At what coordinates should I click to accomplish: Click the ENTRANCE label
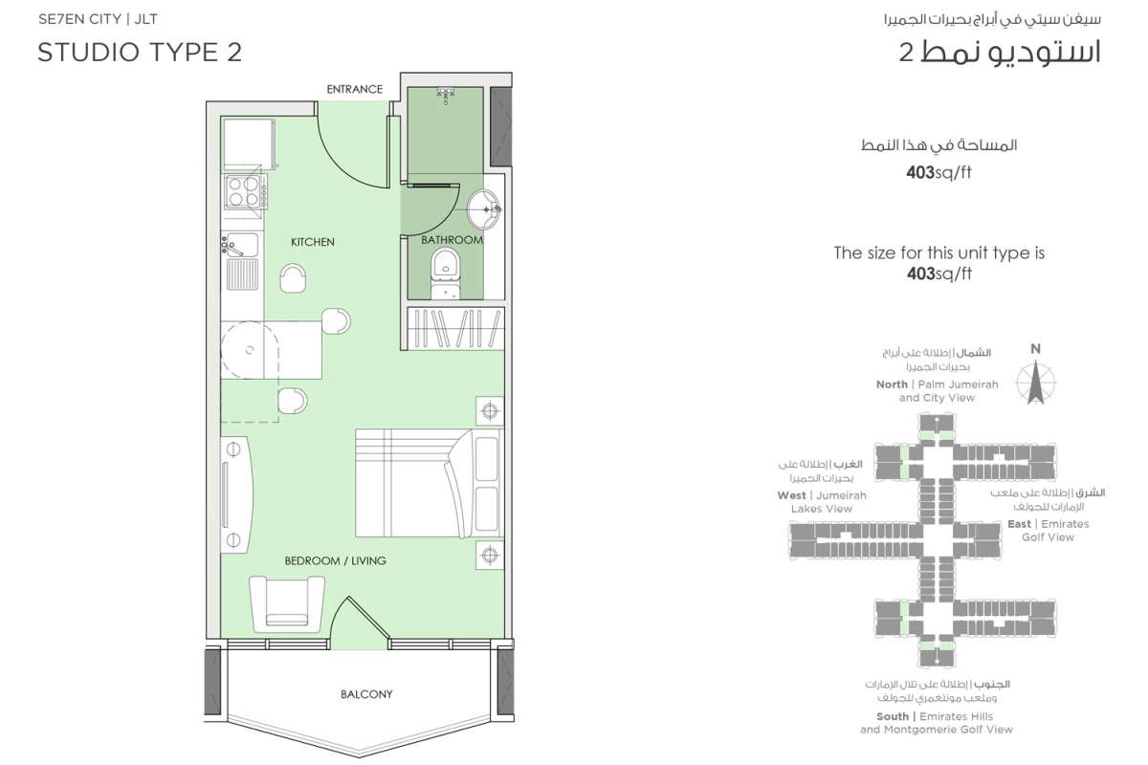click(x=355, y=89)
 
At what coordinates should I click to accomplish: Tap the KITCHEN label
click(x=313, y=242)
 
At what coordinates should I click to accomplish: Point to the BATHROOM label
click(x=452, y=240)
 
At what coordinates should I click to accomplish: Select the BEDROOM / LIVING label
click(x=335, y=560)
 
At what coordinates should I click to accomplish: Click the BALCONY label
click(x=366, y=694)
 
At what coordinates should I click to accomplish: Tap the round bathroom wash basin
click(x=483, y=209)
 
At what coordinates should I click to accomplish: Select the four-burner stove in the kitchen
click(x=244, y=191)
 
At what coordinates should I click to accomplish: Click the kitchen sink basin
click(x=241, y=245)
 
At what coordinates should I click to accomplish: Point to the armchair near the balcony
click(x=287, y=601)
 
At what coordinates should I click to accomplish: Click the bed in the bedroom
click(x=428, y=483)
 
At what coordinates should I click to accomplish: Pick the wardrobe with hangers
click(x=455, y=328)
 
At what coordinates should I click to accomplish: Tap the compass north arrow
click(x=1036, y=382)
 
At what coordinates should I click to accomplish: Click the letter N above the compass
click(x=1035, y=349)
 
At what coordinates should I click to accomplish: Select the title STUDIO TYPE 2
click(x=140, y=53)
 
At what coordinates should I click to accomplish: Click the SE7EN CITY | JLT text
click(x=98, y=19)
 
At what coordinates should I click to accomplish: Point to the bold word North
click(x=892, y=384)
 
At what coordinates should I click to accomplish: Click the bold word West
click(x=791, y=495)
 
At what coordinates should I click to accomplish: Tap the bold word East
click(x=1020, y=524)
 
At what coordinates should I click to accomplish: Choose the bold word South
click(x=893, y=716)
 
